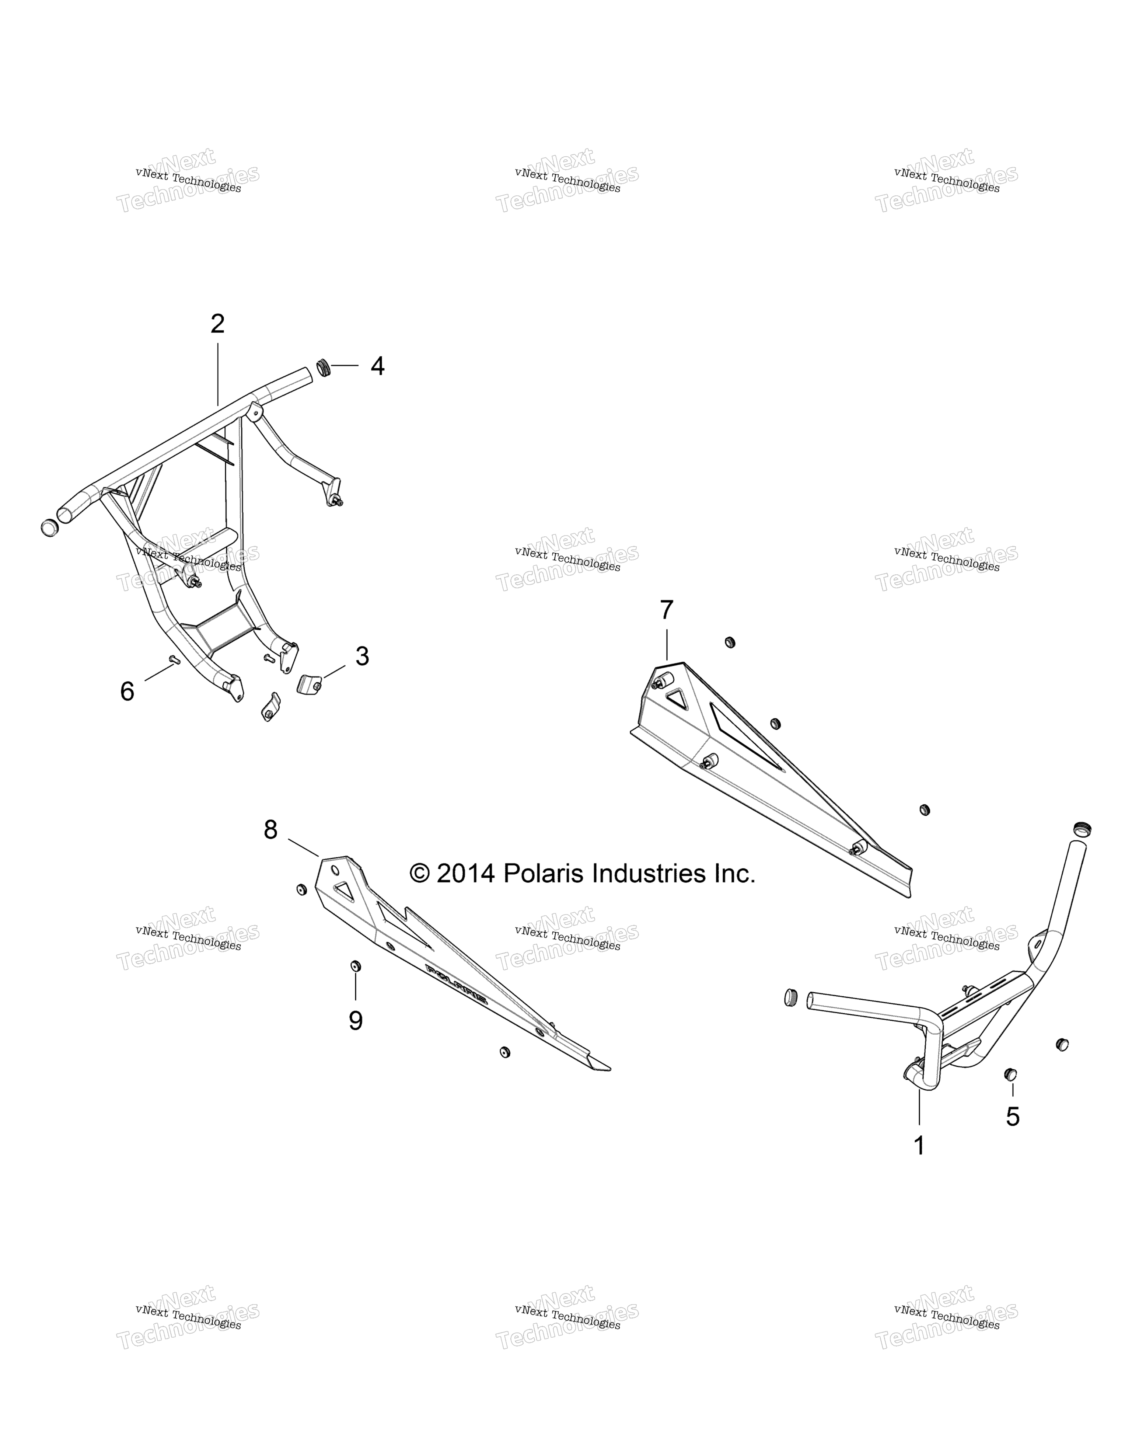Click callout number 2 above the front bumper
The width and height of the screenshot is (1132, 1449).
217,324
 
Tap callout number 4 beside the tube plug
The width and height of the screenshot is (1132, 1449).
377,366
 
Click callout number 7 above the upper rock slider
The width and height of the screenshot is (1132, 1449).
667,610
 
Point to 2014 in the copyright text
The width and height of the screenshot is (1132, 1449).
465,874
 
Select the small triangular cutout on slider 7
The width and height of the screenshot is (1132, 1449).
676,697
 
